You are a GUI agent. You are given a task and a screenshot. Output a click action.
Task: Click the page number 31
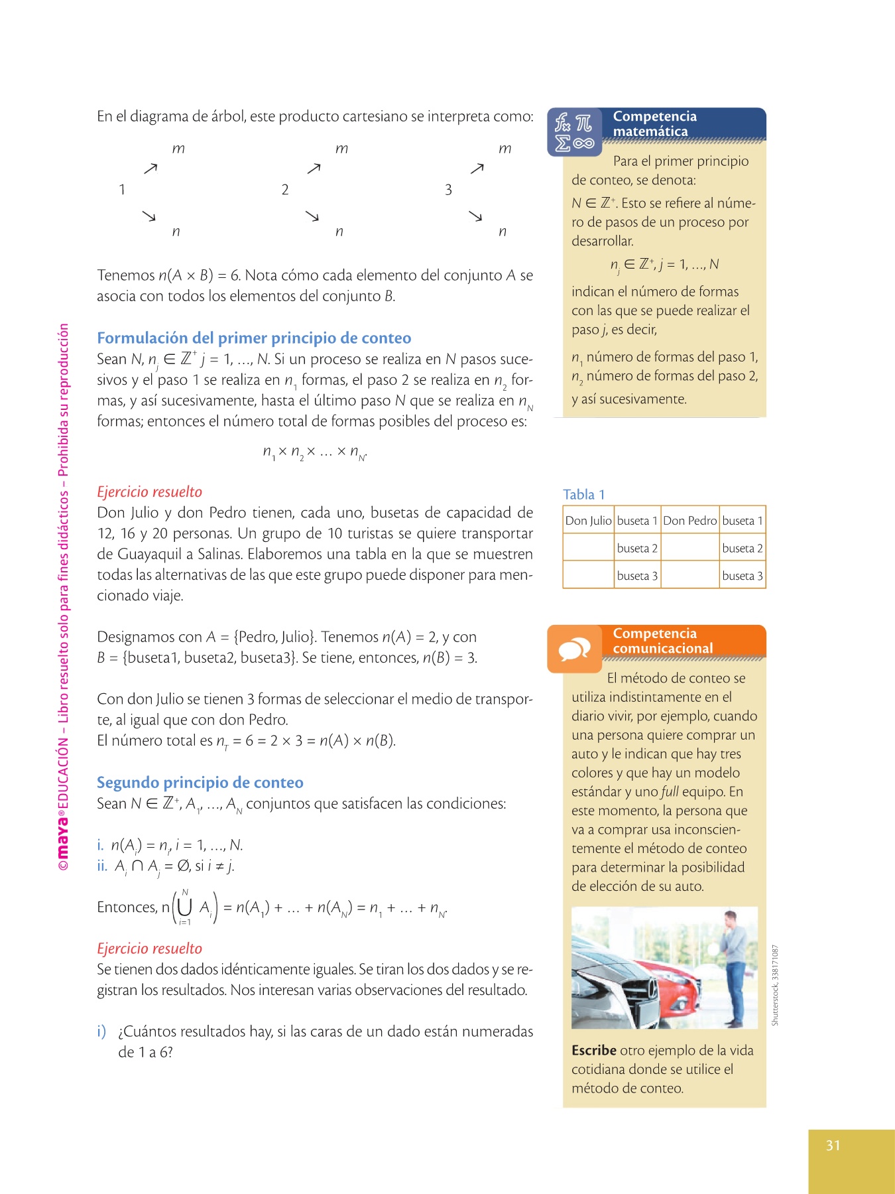point(833,1146)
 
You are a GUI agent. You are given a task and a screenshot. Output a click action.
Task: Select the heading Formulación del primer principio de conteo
point(254,338)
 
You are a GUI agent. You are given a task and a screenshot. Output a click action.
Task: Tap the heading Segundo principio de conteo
point(200,783)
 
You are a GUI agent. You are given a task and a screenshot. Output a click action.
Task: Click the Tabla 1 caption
point(583,494)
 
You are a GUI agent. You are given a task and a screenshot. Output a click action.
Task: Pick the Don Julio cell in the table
point(588,521)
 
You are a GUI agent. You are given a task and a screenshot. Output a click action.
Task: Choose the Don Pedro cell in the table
point(689,521)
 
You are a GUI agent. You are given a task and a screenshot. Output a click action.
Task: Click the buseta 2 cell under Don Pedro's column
point(742,549)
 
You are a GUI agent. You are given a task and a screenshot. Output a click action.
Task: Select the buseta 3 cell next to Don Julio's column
point(636,576)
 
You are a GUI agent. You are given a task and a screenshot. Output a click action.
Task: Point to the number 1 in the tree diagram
point(122,190)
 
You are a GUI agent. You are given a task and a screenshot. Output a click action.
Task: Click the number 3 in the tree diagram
point(448,190)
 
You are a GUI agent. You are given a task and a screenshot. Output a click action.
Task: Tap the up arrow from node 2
point(314,168)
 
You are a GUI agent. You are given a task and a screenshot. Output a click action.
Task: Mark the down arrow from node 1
point(149,216)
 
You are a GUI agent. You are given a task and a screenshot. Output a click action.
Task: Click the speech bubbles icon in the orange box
point(574,649)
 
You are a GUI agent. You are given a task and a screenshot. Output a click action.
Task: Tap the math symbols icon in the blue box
point(574,132)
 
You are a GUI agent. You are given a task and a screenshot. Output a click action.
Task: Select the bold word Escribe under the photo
point(594,1051)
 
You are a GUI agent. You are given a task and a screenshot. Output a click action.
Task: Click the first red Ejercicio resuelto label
point(149,492)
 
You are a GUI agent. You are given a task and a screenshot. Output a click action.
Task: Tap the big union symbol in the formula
point(185,907)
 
